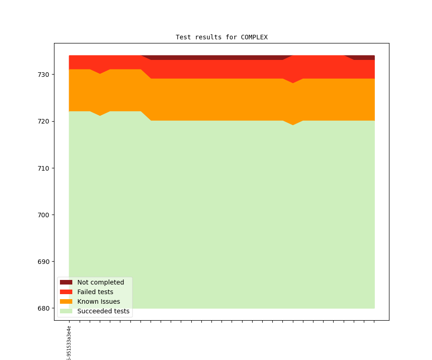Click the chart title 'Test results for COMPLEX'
pos(221,37)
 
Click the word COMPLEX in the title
pos(254,37)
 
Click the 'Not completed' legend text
pos(101,282)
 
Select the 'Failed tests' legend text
pos(95,292)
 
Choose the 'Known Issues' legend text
pos(98,301)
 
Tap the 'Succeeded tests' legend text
pos(103,311)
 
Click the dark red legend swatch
pos(66,282)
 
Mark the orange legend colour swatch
pos(66,301)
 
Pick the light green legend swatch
pos(66,311)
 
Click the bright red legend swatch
pos(66,292)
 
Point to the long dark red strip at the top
pos(215,58)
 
